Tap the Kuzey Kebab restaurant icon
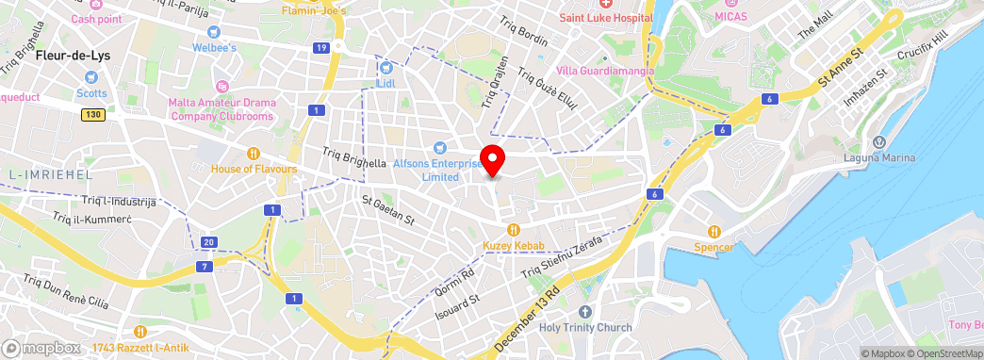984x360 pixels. (x=514, y=229)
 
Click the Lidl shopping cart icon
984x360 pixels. (x=385, y=67)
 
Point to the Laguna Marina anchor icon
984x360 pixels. (x=879, y=141)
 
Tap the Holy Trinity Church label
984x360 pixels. (x=585, y=328)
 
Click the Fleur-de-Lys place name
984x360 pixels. (x=73, y=56)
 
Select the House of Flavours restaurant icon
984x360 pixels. (x=253, y=153)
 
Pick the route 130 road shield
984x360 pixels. (x=91, y=114)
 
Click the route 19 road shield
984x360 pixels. (x=322, y=47)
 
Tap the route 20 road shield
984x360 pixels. (x=209, y=242)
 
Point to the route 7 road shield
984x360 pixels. (x=205, y=267)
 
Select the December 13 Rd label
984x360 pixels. (x=528, y=319)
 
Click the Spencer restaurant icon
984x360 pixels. (x=714, y=231)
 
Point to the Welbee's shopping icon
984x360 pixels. (x=214, y=31)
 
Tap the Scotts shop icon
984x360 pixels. (x=90, y=78)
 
